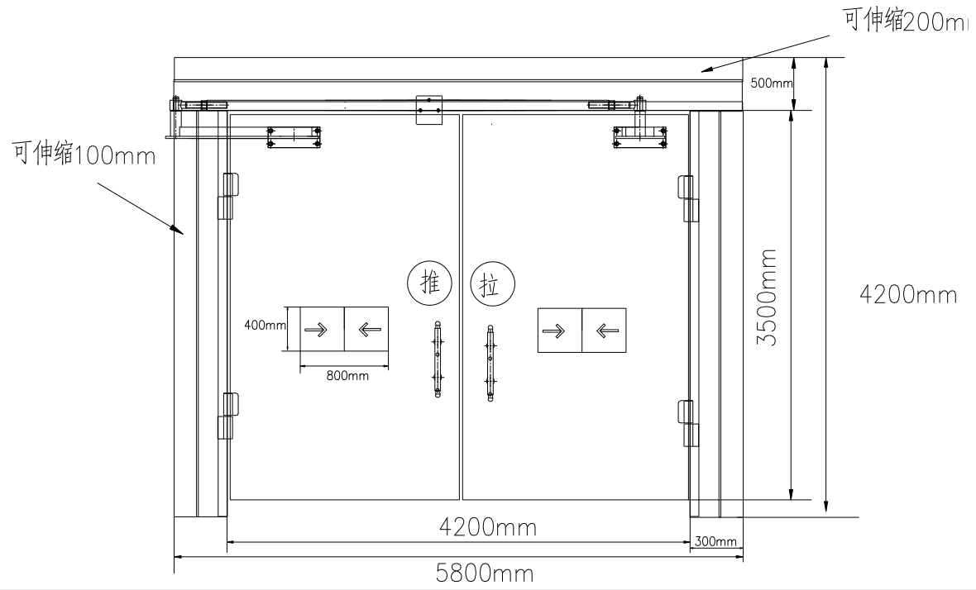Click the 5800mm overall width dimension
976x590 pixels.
coord(484,573)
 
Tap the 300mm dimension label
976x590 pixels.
coord(715,541)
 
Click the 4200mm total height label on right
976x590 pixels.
coord(908,294)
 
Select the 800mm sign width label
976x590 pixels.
coord(347,376)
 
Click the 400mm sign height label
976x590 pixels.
coord(264,326)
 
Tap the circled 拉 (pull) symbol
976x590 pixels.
coord(491,286)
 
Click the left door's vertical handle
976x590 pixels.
coord(437,359)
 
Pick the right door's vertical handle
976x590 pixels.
coord(491,362)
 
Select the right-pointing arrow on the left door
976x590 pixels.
coord(321,330)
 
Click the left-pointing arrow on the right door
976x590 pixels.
coord(605,331)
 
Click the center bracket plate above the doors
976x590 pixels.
coord(429,110)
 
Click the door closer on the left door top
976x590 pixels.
coord(294,136)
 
